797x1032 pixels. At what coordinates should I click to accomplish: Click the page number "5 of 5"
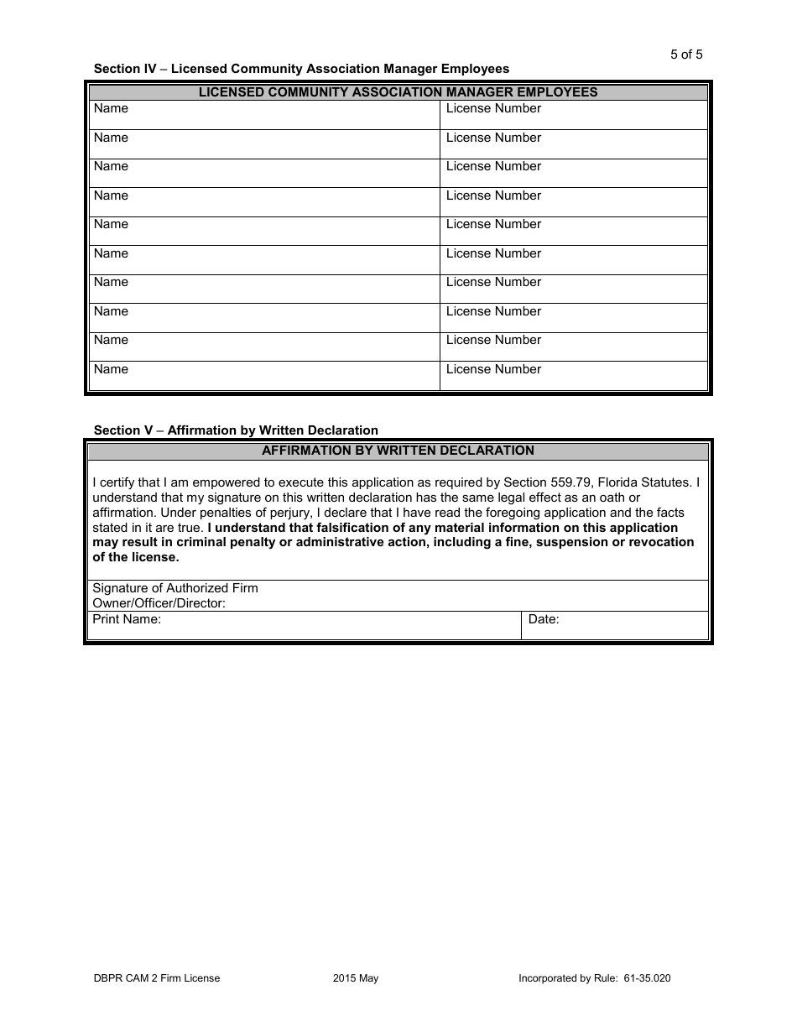(686, 55)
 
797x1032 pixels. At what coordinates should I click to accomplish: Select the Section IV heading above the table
(301, 69)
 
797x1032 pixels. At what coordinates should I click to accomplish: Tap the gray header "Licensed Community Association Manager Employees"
(398, 92)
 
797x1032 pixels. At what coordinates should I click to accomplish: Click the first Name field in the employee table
(264, 115)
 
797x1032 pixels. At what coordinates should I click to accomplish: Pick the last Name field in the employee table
(264, 376)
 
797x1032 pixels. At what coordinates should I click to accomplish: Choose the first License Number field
(573, 115)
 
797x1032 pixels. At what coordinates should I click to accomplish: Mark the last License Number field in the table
(573, 376)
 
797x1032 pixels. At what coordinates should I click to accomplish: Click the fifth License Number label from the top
(493, 225)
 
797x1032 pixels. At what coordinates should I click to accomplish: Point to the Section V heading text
(236, 430)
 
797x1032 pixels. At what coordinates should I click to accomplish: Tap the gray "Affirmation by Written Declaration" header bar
(398, 451)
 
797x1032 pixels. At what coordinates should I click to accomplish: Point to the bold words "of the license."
(136, 557)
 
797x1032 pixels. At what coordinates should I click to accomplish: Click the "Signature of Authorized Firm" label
(175, 588)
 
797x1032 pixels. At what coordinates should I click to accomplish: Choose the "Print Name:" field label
(127, 620)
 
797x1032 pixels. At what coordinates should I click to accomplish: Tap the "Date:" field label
(544, 620)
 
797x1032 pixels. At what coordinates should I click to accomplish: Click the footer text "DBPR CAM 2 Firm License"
(157, 978)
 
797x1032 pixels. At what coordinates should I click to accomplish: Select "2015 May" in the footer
(356, 978)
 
